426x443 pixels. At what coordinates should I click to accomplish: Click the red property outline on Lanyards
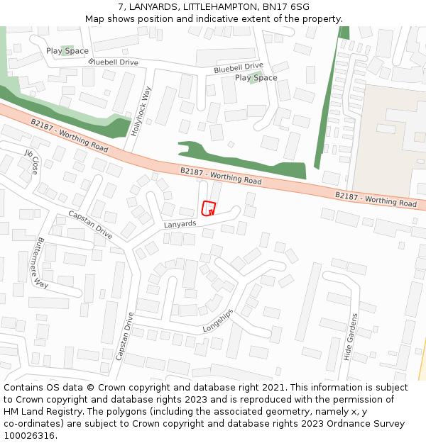pos(208,208)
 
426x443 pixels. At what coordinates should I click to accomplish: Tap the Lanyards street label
pos(180,224)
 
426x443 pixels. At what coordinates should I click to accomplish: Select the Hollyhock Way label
pos(142,111)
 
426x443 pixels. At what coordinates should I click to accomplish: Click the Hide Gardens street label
pos(349,338)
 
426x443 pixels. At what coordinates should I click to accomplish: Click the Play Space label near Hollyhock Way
pos(67,51)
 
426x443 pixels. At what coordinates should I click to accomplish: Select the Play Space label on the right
pos(256,78)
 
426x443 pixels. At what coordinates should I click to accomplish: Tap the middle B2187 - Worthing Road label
pos(221,176)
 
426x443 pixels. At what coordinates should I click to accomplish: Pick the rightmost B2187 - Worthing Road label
pos(376,199)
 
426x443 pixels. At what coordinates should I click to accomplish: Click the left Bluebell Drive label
pos(114,62)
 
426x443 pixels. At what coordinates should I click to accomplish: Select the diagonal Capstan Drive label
pos(90,224)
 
